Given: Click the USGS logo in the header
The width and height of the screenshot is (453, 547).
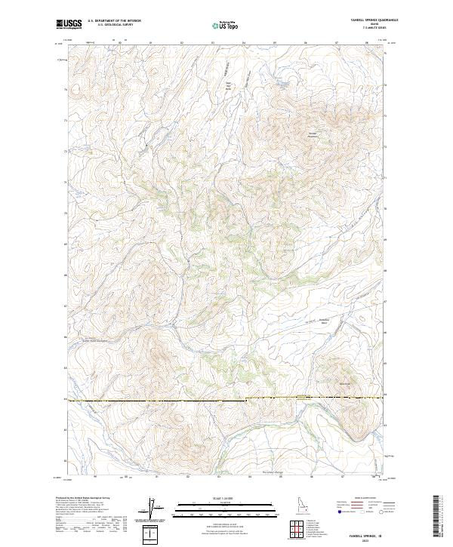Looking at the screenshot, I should click(68, 24).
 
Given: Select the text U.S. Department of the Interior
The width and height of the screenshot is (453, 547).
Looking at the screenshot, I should click(114, 21).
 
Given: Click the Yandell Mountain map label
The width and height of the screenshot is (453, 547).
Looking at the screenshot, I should click(313, 134).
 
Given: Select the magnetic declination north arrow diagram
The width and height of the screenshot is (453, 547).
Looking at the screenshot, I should click(153, 509).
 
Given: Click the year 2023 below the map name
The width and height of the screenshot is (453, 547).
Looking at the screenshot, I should click(365, 541).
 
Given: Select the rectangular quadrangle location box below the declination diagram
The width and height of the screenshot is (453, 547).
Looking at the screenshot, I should click(153, 533).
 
